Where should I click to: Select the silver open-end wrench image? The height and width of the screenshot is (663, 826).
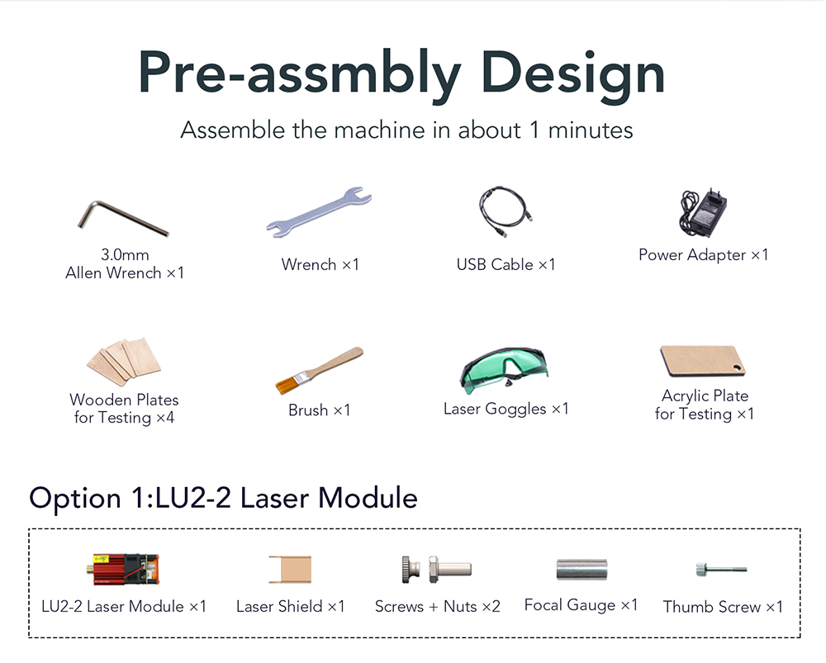coord(319,211)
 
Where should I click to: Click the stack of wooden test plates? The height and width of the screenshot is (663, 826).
coord(125,362)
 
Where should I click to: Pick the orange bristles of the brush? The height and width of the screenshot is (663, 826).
coord(285,386)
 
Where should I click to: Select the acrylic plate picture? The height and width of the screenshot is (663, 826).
coord(703,361)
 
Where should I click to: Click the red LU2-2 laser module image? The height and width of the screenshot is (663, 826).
coord(123,569)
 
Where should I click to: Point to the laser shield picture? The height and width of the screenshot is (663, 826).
coord(290,569)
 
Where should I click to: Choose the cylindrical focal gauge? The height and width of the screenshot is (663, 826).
coord(582,569)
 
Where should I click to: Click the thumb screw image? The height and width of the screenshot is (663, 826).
coord(721,569)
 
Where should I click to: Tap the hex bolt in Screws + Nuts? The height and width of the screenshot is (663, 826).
coord(449,569)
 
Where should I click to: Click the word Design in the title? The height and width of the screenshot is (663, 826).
coord(572,73)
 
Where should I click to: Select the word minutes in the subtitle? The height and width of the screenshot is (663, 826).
coord(591,130)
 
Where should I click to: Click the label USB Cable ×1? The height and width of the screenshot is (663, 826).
coord(506,264)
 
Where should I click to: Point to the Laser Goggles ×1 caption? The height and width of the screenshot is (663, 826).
coord(506,409)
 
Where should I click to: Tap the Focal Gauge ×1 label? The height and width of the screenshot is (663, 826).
coord(581,605)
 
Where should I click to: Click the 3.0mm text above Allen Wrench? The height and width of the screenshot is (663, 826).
coord(125,255)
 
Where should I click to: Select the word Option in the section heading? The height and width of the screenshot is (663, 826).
coord(75,498)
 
